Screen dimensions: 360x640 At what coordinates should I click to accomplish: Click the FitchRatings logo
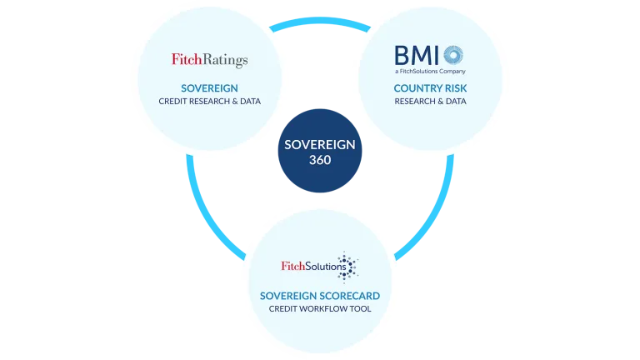[209, 60]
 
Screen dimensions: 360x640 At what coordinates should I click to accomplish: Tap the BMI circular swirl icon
[453, 56]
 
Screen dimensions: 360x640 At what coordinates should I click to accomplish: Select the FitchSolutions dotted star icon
[345, 267]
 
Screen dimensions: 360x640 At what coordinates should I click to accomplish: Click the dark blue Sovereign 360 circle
[320, 151]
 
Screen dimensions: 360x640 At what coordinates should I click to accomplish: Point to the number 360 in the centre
[319, 159]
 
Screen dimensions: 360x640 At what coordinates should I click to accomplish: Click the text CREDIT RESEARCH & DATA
[209, 102]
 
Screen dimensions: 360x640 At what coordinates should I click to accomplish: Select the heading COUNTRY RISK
[430, 87]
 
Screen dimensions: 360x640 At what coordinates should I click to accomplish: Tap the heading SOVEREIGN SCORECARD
[320, 296]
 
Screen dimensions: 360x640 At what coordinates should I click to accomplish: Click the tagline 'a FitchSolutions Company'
[430, 72]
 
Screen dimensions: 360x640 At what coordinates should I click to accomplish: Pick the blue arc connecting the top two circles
[320, 26]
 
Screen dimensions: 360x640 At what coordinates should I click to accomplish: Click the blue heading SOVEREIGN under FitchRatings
[209, 87]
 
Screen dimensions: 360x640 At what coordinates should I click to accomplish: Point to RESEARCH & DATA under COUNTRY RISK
[430, 102]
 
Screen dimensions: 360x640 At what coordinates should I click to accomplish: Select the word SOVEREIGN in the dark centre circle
[320, 143]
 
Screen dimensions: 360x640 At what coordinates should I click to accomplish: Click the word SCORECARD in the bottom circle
[350, 296]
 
